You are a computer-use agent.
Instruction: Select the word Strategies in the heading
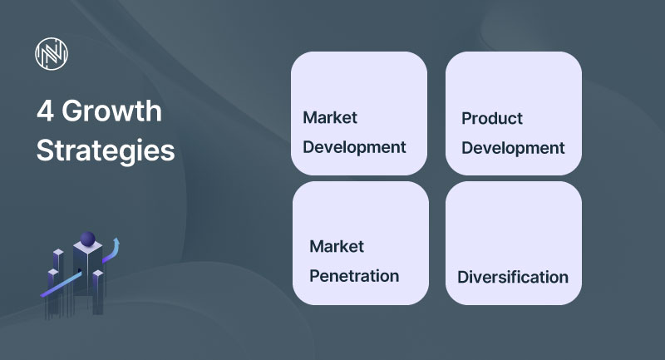106,151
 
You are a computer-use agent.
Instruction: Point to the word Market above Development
330,117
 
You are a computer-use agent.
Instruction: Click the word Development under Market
354,147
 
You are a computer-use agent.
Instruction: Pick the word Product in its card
492,118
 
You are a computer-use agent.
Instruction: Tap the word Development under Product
513,148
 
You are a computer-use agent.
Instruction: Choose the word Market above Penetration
337,246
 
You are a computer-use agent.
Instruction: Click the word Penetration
354,275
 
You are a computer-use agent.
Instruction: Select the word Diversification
513,277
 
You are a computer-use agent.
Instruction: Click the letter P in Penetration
314,275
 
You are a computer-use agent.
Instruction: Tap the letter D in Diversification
462,277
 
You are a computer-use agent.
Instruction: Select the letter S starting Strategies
44,151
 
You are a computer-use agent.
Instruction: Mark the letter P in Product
466,118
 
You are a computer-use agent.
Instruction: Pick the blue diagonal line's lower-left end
42,296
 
